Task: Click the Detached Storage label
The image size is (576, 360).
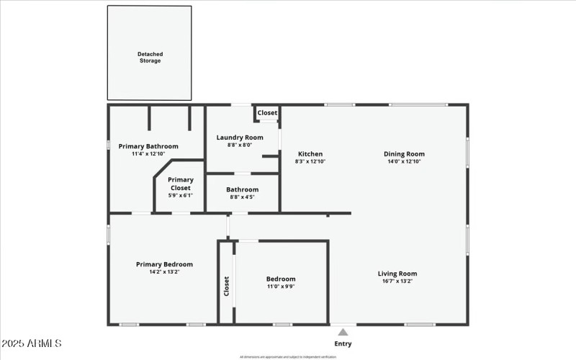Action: [x=150, y=57]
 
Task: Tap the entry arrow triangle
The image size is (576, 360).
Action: [x=343, y=332]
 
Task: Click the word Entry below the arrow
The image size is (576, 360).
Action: [x=343, y=343]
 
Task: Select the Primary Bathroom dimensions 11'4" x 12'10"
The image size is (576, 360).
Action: [x=148, y=154]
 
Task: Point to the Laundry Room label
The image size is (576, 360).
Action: [x=240, y=137]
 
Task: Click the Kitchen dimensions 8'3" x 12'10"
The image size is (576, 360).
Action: [x=310, y=161]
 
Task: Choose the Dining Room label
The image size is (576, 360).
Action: [x=404, y=153]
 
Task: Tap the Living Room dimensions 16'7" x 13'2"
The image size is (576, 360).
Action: [x=397, y=282]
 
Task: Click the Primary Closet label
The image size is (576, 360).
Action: [x=181, y=184]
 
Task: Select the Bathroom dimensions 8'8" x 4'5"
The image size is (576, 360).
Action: [x=243, y=197]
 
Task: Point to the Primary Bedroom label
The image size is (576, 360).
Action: [x=164, y=264]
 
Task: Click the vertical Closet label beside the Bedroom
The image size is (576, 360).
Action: [x=226, y=287]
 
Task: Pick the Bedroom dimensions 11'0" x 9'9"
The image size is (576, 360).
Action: [x=281, y=287]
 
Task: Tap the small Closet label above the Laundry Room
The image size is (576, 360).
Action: [x=267, y=113]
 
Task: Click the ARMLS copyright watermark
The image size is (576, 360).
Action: [x=32, y=343]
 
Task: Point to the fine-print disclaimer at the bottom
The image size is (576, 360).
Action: [x=288, y=356]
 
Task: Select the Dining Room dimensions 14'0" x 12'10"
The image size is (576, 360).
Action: [x=404, y=161]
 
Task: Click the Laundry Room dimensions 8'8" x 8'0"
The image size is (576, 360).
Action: [x=240, y=145]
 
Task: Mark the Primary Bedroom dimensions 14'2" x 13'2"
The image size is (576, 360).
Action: [x=164, y=272]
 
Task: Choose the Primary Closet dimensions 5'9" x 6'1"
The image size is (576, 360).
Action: [x=181, y=195]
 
